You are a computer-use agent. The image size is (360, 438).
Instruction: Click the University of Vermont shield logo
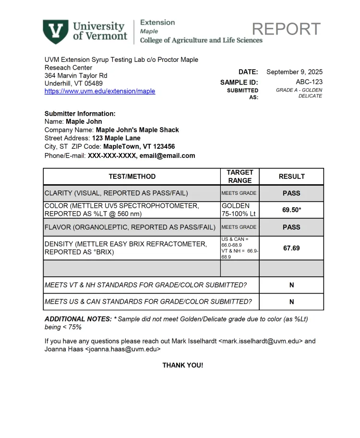pyautogui.click(x=56, y=31)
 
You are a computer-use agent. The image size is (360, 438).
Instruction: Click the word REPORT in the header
pyautogui.click(x=286, y=29)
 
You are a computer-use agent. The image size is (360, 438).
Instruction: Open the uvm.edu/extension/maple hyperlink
pyautogui.click(x=100, y=91)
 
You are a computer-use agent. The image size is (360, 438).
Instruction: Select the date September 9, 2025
pyautogui.click(x=294, y=72)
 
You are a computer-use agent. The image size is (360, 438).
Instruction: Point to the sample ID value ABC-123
pyautogui.click(x=309, y=82)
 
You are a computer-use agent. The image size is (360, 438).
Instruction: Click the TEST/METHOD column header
pyautogui.click(x=132, y=177)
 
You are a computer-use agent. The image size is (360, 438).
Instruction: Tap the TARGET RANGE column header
pyautogui.click(x=240, y=177)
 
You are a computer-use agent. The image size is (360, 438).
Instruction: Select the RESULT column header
pyautogui.click(x=291, y=177)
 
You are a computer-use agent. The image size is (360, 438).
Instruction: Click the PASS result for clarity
pyautogui.click(x=291, y=193)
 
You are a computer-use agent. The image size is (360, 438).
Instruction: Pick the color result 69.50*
pyautogui.click(x=291, y=210)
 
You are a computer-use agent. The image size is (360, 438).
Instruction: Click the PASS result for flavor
pyautogui.click(x=291, y=227)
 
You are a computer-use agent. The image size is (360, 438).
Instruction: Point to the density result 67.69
pyautogui.click(x=291, y=248)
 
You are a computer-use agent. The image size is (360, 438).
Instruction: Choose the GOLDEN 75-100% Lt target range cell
pyautogui.click(x=239, y=210)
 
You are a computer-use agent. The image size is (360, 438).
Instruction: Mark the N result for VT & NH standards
pyautogui.click(x=291, y=285)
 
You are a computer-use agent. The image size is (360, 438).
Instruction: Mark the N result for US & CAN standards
pyautogui.click(x=291, y=302)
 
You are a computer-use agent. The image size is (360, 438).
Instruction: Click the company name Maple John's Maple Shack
pyautogui.click(x=137, y=130)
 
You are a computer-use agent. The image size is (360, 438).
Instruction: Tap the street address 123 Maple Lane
pyautogui.click(x=116, y=138)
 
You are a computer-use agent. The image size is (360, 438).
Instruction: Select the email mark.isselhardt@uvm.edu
pyautogui.click(x=261, y=342)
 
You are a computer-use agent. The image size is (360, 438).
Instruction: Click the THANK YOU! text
pyautogui.click(x=182, y=366)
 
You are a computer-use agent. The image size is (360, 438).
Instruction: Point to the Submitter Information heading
pyautogui.click(x=80, y=114)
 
